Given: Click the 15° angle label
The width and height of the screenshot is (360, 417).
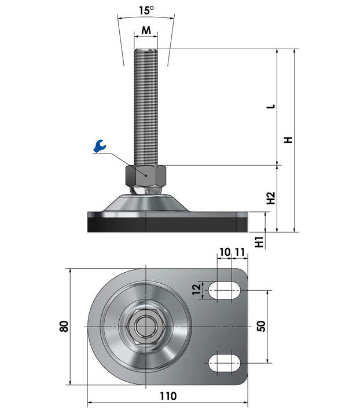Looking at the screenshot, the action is pyautogui.click(x=146, y=10).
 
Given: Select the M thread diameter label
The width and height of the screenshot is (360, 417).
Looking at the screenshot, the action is pyautogui.click(x=146, y=30).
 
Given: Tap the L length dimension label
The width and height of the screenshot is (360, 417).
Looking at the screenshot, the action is pyautogui.click(x=271, y=107).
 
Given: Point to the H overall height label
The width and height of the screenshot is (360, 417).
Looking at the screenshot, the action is pyautogui.click(x=288, y=140).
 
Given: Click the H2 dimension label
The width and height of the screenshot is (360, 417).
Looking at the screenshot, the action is pyautogui.click(x=271, y=198).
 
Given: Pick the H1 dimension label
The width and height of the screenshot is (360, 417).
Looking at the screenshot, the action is pyautogui.click(x=259, y=242).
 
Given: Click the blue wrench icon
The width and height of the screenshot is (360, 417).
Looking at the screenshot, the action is pyautogui.click(x=100, y=146).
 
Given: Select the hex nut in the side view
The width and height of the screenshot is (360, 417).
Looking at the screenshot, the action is pyautogui.click(x=146, y=175).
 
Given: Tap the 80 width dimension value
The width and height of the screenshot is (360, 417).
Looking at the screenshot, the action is pyautogui.click(x=64, y=326).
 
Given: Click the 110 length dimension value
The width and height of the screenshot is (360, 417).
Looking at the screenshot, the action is pyautogui.click(x=168, y=396).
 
